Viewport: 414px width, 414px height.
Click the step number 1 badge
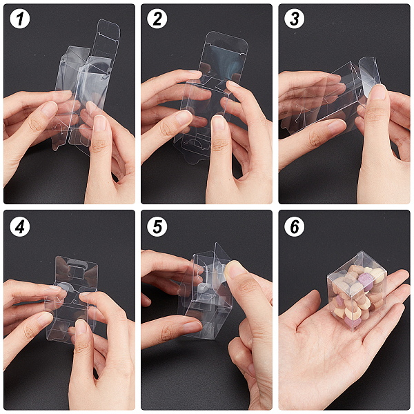coord(19,19)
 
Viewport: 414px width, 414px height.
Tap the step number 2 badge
coord(157,19)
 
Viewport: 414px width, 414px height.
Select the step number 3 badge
coord(295,19)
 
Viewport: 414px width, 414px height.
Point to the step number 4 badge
coord(19,226)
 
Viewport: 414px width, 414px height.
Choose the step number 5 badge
coord(157,226)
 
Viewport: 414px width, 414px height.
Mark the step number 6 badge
coord(295,226)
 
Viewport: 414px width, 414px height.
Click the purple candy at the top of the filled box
coord(366,279)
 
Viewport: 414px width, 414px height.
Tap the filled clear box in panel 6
coord(357,290)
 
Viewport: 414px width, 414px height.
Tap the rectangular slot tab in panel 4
coord(76,270)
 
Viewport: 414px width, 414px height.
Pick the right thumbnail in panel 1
coord(99,123)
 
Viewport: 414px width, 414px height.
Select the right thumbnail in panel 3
coord(378,92)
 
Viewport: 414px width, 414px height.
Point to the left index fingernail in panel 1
coord(50,109)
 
